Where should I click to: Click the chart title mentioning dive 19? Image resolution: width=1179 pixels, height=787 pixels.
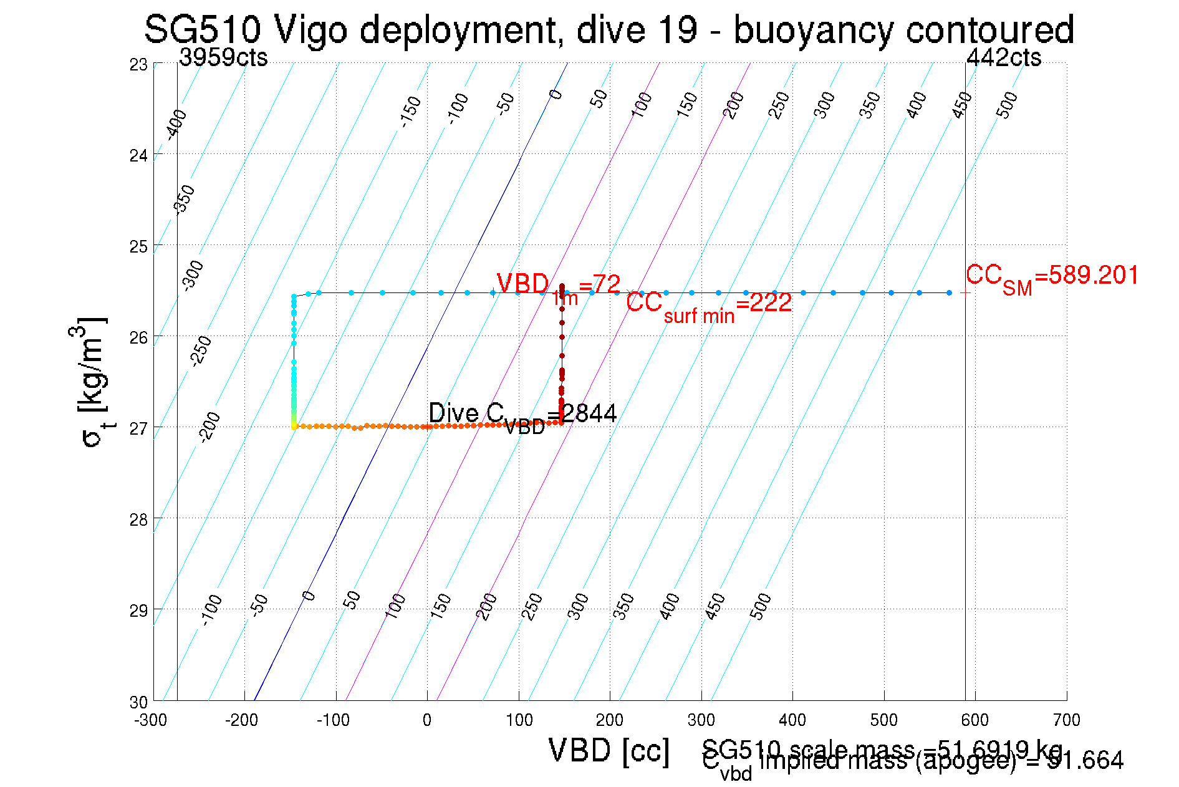(609, 29)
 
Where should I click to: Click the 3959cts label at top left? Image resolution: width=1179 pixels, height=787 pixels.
(223, 57)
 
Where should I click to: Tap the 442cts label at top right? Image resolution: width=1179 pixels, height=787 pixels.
(1003, 57)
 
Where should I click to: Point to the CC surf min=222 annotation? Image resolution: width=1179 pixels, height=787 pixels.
(709, 306)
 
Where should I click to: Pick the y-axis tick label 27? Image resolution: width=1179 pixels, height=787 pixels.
(138, 428)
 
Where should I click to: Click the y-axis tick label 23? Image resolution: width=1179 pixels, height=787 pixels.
(138, 65)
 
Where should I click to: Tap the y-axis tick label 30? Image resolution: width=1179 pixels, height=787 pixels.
(138, 702)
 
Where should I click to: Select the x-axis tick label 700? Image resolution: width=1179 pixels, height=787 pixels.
(1066, 720)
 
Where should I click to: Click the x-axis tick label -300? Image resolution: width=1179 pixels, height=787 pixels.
(151, 720)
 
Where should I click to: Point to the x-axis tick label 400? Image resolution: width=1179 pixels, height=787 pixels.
(792, 720)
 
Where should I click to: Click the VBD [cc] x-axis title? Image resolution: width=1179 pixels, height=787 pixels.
(609, 751)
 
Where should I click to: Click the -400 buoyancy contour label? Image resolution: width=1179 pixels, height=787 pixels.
(176, 124)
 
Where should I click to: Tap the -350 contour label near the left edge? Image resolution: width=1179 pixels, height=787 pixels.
(184, 200)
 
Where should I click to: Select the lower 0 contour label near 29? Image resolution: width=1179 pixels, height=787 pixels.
(309, 596)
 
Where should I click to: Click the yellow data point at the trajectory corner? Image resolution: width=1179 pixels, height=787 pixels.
(294, 427)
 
